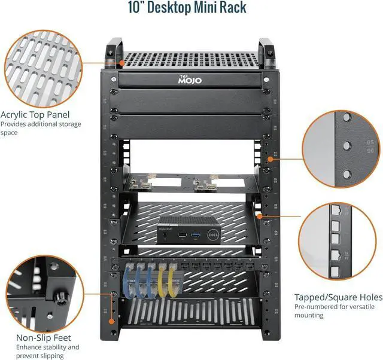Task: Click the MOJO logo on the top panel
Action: (191, 80)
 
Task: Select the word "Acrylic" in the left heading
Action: (16, 114)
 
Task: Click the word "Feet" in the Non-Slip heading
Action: (60, 338)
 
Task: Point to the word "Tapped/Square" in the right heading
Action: (323, 297)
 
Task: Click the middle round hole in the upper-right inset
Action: (346, 145)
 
